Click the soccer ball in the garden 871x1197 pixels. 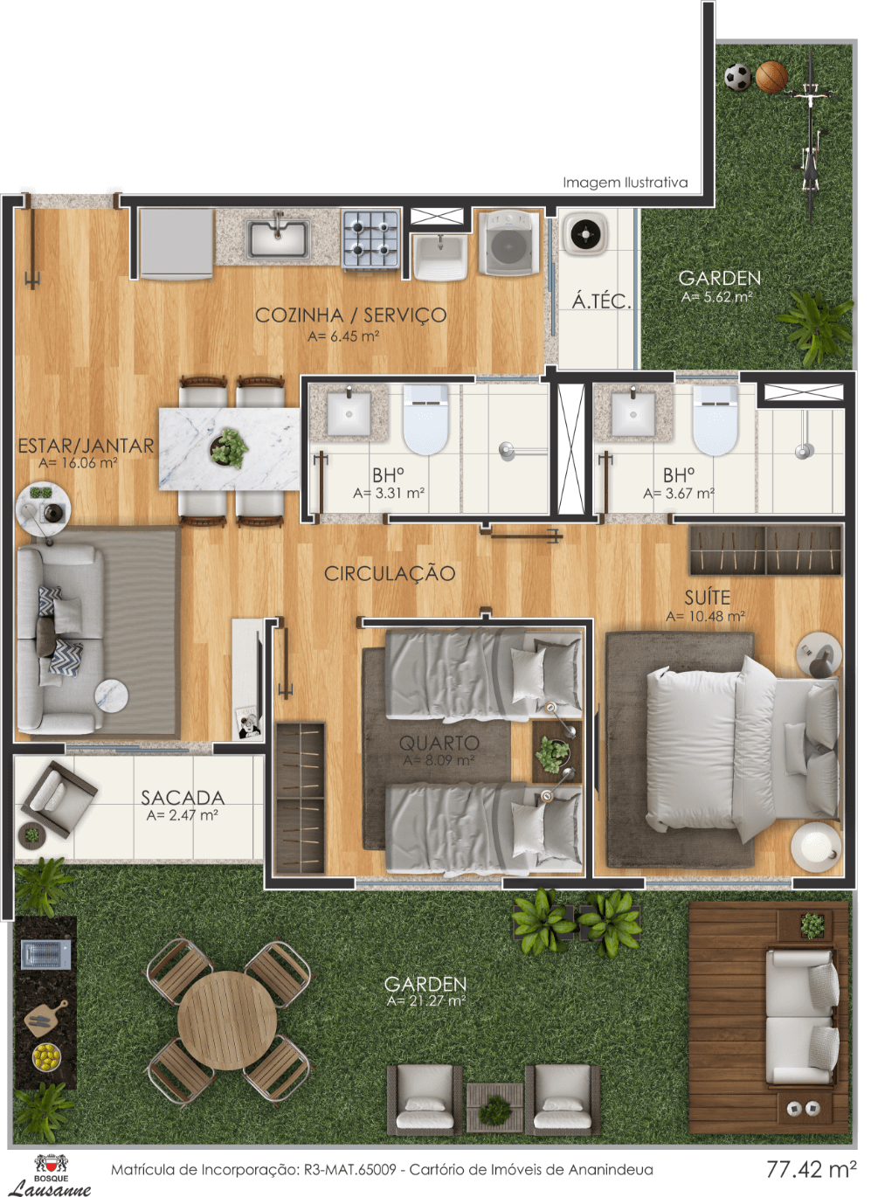coord(737,77)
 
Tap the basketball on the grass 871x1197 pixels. coord(771,77)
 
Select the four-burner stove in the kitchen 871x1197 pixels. coord(370,239)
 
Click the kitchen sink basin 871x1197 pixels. coord(278,238)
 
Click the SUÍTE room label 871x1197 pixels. coord(707,597)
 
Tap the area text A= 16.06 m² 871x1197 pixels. coord(78,463)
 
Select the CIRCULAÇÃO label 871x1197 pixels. coord(390,573)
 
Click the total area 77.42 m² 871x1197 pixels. coord(812,1169)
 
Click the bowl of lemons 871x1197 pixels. coord(46,1057)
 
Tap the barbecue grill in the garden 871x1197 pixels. coord(46,954)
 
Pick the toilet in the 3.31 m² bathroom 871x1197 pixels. coord(425,419)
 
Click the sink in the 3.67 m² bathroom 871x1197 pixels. coord(633,413)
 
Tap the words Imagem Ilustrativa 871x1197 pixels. coord(626,183)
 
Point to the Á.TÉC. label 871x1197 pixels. coord(602,301)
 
